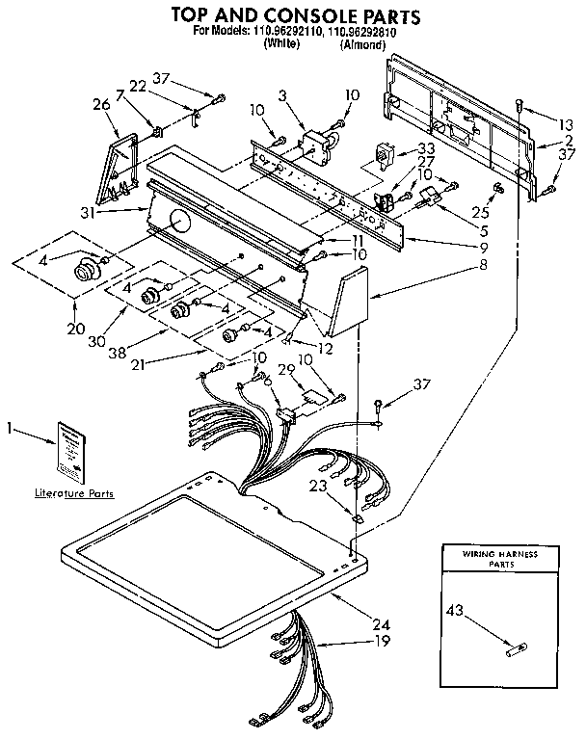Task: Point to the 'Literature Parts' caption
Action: (74, 493)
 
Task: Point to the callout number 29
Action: (284, 370)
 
